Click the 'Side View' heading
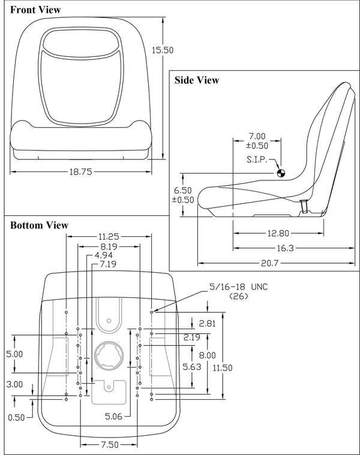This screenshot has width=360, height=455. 196,80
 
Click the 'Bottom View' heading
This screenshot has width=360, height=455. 39,225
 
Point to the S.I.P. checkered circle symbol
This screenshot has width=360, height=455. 281,173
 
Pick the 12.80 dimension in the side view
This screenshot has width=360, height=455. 279,233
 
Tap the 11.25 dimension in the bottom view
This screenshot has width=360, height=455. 109,236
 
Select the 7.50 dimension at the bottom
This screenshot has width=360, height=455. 109,445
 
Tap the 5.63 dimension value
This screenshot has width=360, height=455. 192,367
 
